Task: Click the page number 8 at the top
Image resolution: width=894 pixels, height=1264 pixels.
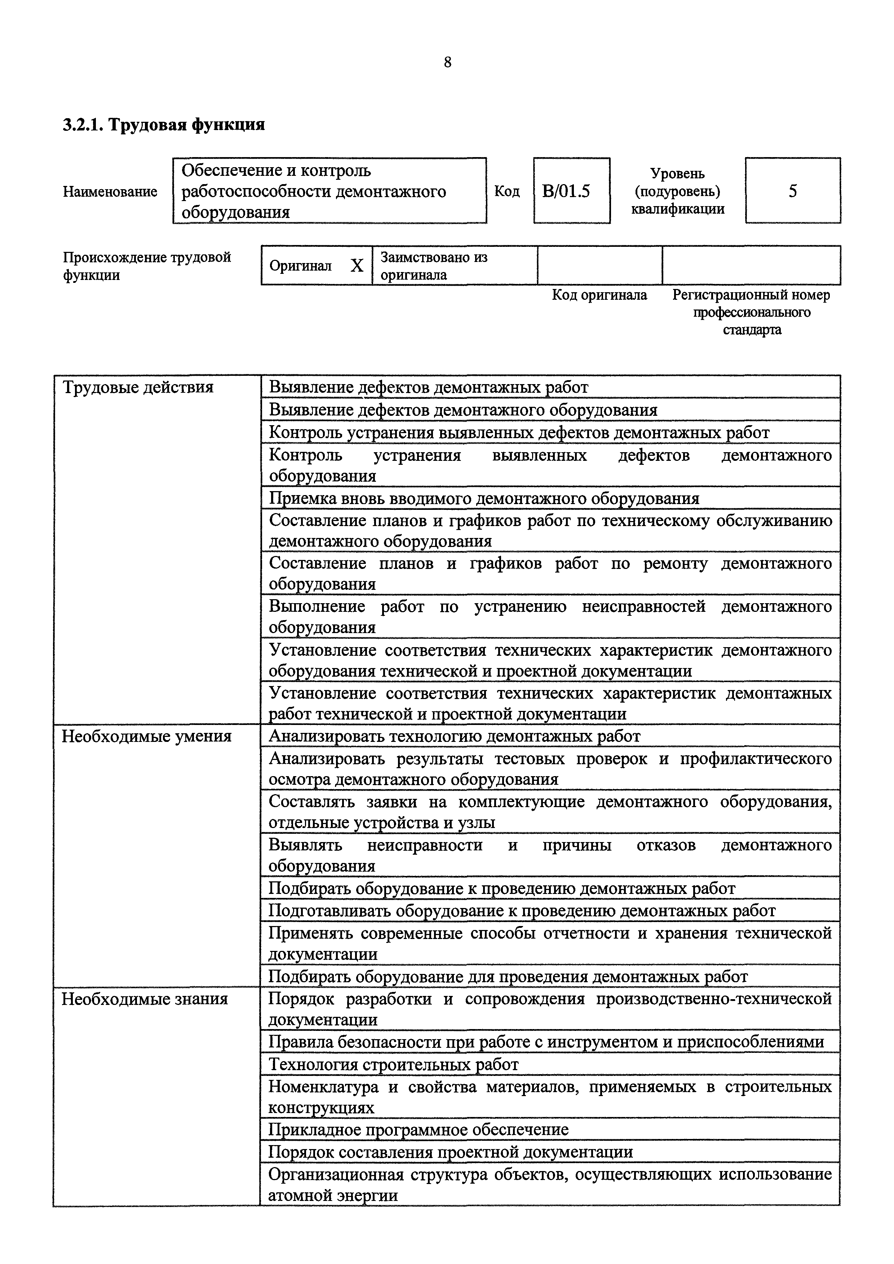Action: click(447, 63)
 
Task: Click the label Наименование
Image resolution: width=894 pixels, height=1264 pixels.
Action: click(110, 192)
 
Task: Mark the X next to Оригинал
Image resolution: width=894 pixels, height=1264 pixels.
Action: click(357, 266)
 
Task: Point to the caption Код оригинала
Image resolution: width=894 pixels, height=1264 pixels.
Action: click(599, 295)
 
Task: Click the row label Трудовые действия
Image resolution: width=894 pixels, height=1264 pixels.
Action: click(138, 388)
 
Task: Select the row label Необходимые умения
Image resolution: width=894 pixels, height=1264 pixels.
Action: click(146, 736)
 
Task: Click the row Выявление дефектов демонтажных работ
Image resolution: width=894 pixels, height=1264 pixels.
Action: click(428, 388)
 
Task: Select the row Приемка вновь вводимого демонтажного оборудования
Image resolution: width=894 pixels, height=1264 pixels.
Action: click(484, 499)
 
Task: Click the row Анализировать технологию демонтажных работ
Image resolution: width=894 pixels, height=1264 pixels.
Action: click(455, 736)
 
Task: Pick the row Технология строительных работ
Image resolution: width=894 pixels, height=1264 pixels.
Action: click(393, 1065)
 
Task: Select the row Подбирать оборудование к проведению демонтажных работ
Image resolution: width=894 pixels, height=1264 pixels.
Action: click(501, 889)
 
